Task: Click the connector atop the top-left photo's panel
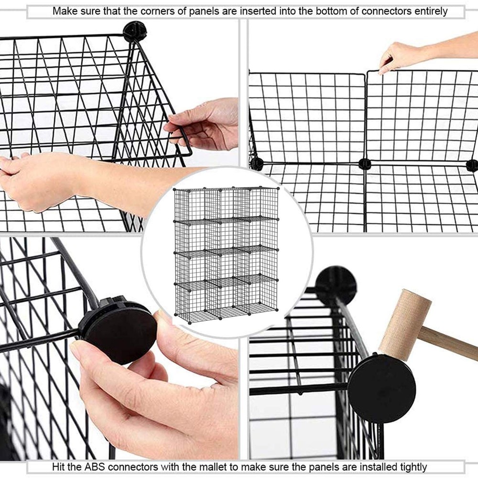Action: pyautogui.click(x=135, y=32)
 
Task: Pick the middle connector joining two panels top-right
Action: pyautogui.click(x=365, y=164)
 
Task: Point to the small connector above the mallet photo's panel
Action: pyautogui.click(x=336, y=285)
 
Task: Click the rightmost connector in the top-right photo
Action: pyautogui.click(x=472, y=165)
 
